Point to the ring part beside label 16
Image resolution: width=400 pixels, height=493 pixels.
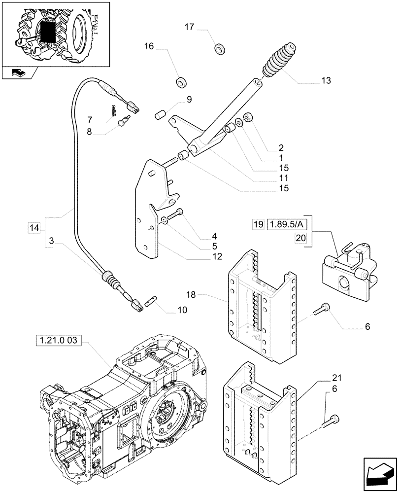pyautogui.click(x=183, y=81)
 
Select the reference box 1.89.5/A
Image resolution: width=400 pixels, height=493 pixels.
pyautogui.click(x=286, y=225)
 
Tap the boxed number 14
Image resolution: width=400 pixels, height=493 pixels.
pyautogui.click(x=34, y=228)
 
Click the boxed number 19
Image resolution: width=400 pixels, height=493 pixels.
pyautogui.click(x=259, y=225)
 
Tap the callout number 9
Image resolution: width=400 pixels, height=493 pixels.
pyautogui.click(x=189, y=99)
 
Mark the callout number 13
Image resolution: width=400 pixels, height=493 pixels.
pyautogui.click(x=326, y=80)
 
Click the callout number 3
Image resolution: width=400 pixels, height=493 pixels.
pyautogui.click(x=52, y=242)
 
